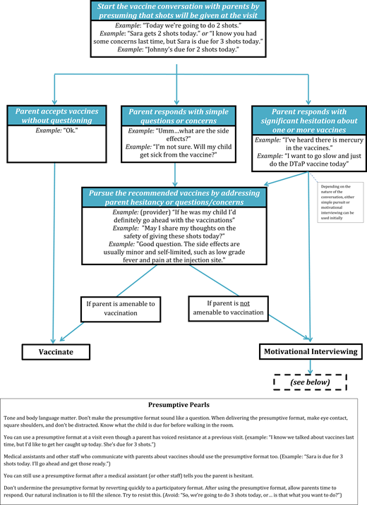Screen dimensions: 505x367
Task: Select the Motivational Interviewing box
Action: point(310,351)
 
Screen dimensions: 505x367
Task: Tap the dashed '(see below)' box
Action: point(310,382)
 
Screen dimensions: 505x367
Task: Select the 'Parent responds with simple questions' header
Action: point(176,115)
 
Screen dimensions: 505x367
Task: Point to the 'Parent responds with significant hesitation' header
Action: point(308,120)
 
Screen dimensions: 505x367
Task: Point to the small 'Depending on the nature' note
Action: point(343,204)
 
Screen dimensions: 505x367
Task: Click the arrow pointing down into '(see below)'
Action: point(310,366)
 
